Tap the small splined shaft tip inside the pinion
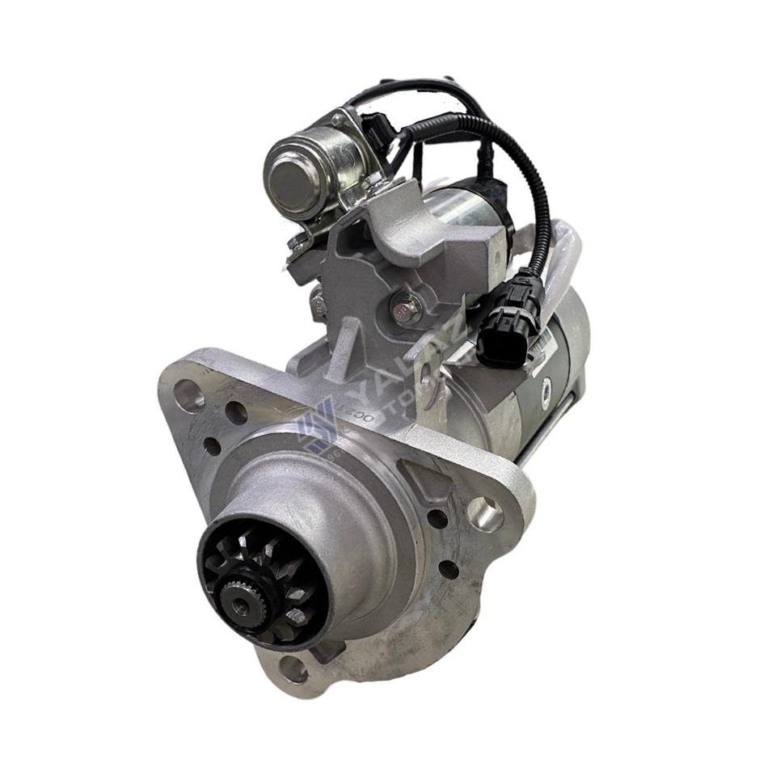click(238, 603)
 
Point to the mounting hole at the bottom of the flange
click(293, 669)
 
